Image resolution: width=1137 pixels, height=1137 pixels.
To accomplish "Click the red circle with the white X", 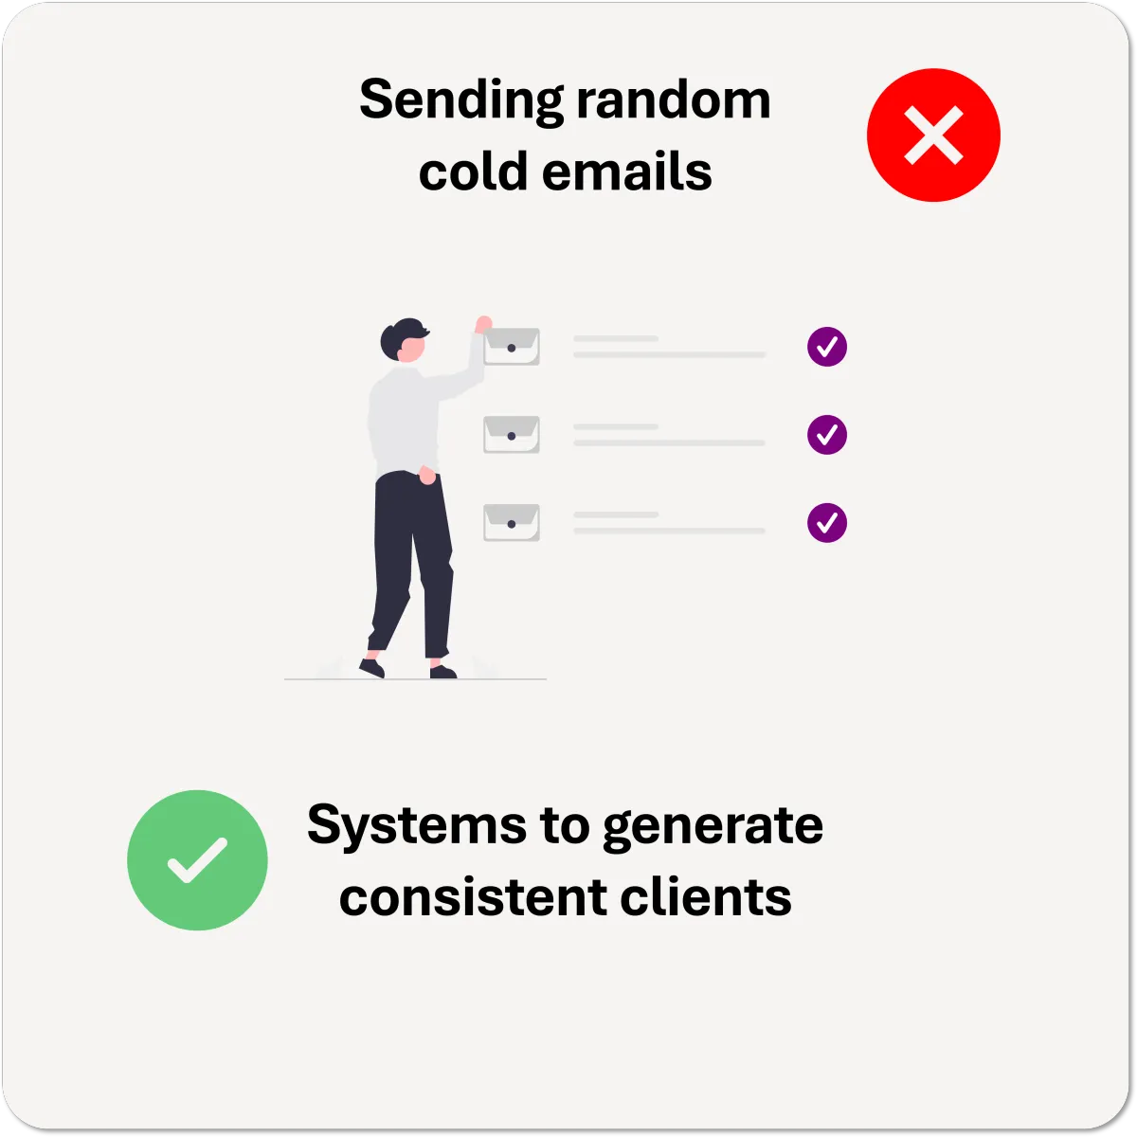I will pos(933,135).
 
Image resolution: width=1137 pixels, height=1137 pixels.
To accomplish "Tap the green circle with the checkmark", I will pos(197,859).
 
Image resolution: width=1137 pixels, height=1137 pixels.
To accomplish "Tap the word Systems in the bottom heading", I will pos(416,826).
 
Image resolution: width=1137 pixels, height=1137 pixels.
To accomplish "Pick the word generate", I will pos(713,826).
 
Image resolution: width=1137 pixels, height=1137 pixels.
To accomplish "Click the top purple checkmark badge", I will pos(827,347).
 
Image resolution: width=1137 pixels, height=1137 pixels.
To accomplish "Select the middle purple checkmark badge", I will pos(827,435).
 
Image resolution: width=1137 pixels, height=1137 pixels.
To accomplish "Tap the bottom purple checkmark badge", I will pos(827,522).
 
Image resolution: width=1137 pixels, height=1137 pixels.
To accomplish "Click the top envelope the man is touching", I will pos(512,348).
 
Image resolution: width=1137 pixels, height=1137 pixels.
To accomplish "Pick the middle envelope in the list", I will pos(512,435).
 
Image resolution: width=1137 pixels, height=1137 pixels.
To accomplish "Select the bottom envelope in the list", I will pos(512,522).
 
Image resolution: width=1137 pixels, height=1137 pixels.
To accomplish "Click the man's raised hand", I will pos(483,324).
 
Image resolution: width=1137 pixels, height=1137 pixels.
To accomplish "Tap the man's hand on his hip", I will pos(428,477).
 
